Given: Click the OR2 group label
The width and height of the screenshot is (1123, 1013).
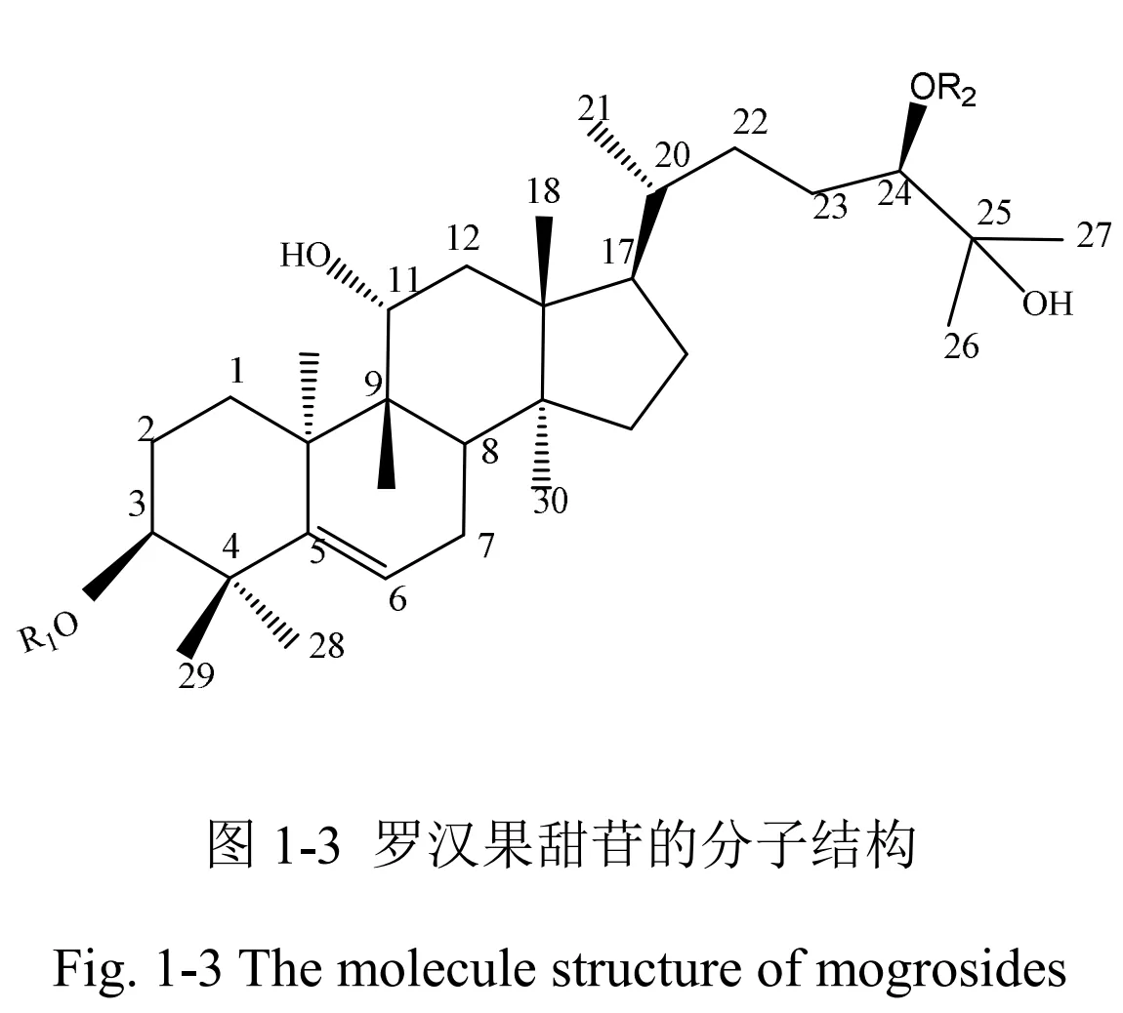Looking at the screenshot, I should [941, 93].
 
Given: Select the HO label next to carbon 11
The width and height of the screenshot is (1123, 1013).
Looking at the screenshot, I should [305, 257].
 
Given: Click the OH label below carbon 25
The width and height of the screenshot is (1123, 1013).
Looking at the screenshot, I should [1047, 304].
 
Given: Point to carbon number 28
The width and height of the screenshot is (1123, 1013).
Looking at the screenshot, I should [326, 645].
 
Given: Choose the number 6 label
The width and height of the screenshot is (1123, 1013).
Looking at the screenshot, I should [397, 600].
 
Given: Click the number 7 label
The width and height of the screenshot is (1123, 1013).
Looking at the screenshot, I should [486, 547].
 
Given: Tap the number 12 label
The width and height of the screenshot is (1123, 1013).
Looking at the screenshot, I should [467, 237].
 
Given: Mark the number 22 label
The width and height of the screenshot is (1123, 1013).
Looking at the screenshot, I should [750, 122].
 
